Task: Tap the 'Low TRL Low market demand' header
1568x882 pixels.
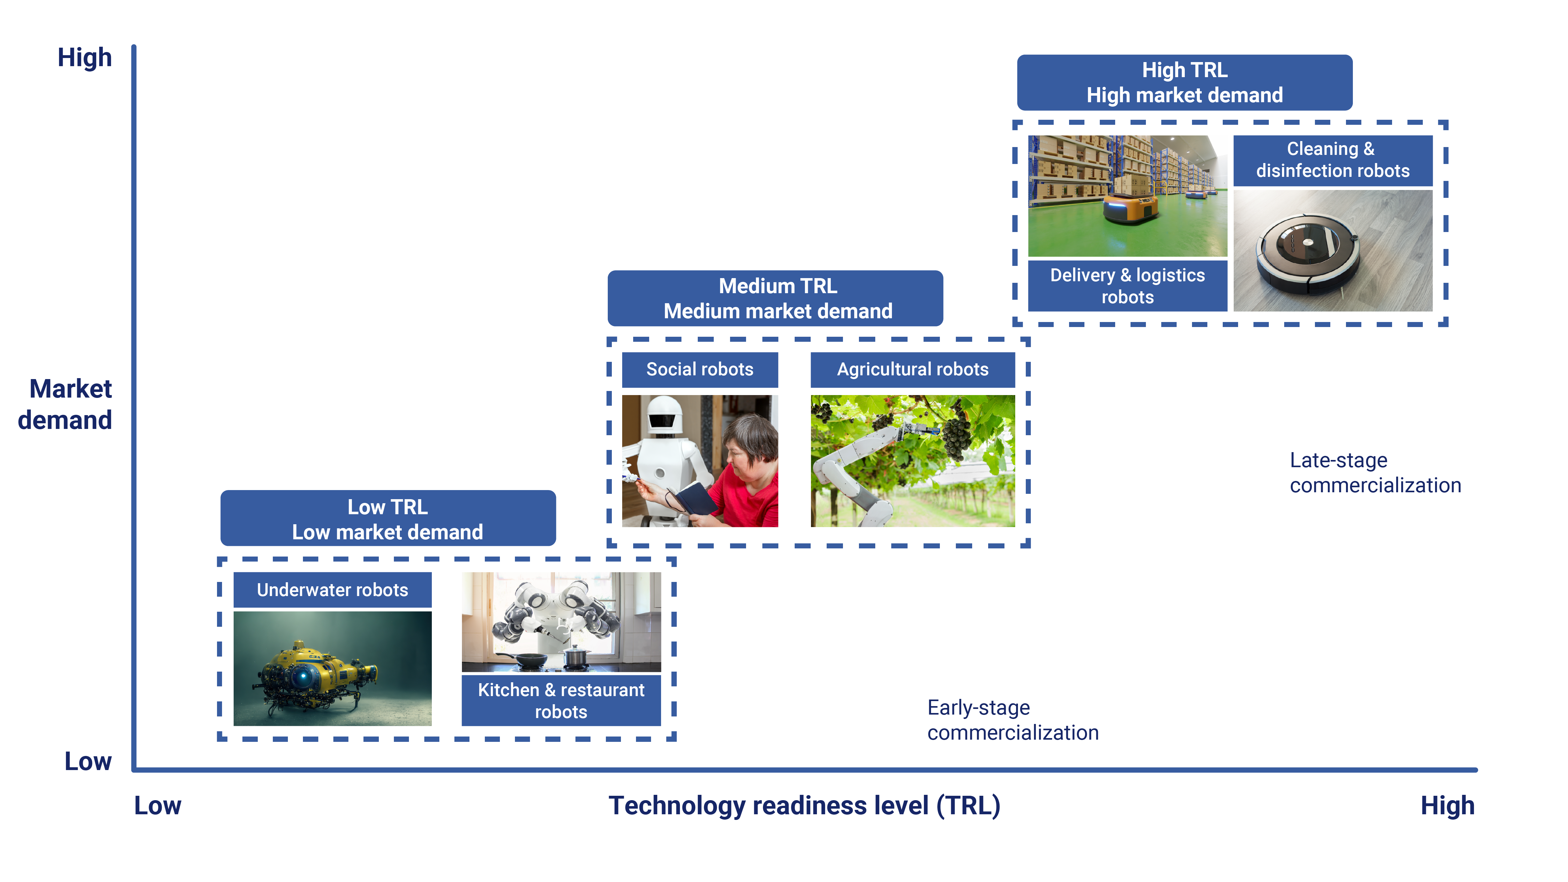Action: (x=388, y=519)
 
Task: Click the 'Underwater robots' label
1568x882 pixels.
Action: (x=332, y=590)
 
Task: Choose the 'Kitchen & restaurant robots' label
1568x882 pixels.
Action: (x=561, y=700)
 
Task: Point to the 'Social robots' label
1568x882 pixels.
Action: (x=699, y=369)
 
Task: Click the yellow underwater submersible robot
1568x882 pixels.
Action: (x=316, y=673)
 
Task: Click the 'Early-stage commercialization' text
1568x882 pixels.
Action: (x=1012, y=720)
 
